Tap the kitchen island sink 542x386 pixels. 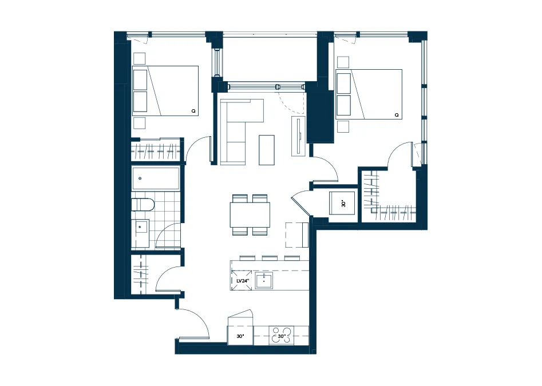(264, 281)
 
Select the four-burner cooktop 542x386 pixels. (282, 335)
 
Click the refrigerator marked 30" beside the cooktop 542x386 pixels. (240, 335)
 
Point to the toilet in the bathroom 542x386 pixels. (142, 204)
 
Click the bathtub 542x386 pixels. (156, 178)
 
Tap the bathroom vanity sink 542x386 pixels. (140, 227)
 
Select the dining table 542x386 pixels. (250, 215)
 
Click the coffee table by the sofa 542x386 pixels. (267, 150)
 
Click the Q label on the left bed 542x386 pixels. (193, 111)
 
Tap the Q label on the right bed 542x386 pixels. (397, 115)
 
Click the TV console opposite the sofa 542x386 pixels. (299, 136)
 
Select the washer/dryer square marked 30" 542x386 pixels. (342, 203)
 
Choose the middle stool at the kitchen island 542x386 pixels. (270, 258)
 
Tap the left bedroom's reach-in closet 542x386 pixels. (156, 150)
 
